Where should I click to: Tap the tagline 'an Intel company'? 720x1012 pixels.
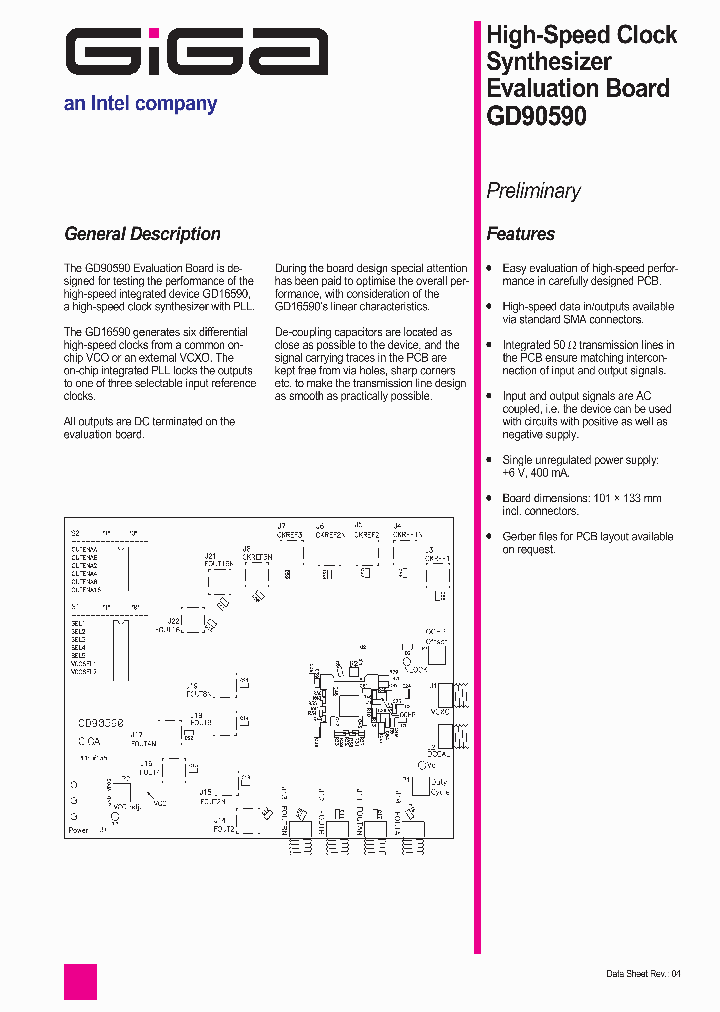[x=140, y=104]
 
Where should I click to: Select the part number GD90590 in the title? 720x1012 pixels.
[x=536, y=115]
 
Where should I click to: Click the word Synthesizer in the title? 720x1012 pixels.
[x=548, y=62]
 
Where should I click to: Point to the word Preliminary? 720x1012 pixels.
[x=533, y=191]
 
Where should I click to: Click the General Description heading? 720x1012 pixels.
[x=142, y=234]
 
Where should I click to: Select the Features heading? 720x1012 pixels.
[x=520, y=234]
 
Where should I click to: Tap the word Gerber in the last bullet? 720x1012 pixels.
[x=519, y=537]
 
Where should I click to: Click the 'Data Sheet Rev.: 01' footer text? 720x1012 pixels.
[x=643, y=974]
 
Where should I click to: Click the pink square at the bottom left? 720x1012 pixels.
[x=80, y=981]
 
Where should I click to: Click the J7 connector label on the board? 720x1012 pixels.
[x=281, y=526]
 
